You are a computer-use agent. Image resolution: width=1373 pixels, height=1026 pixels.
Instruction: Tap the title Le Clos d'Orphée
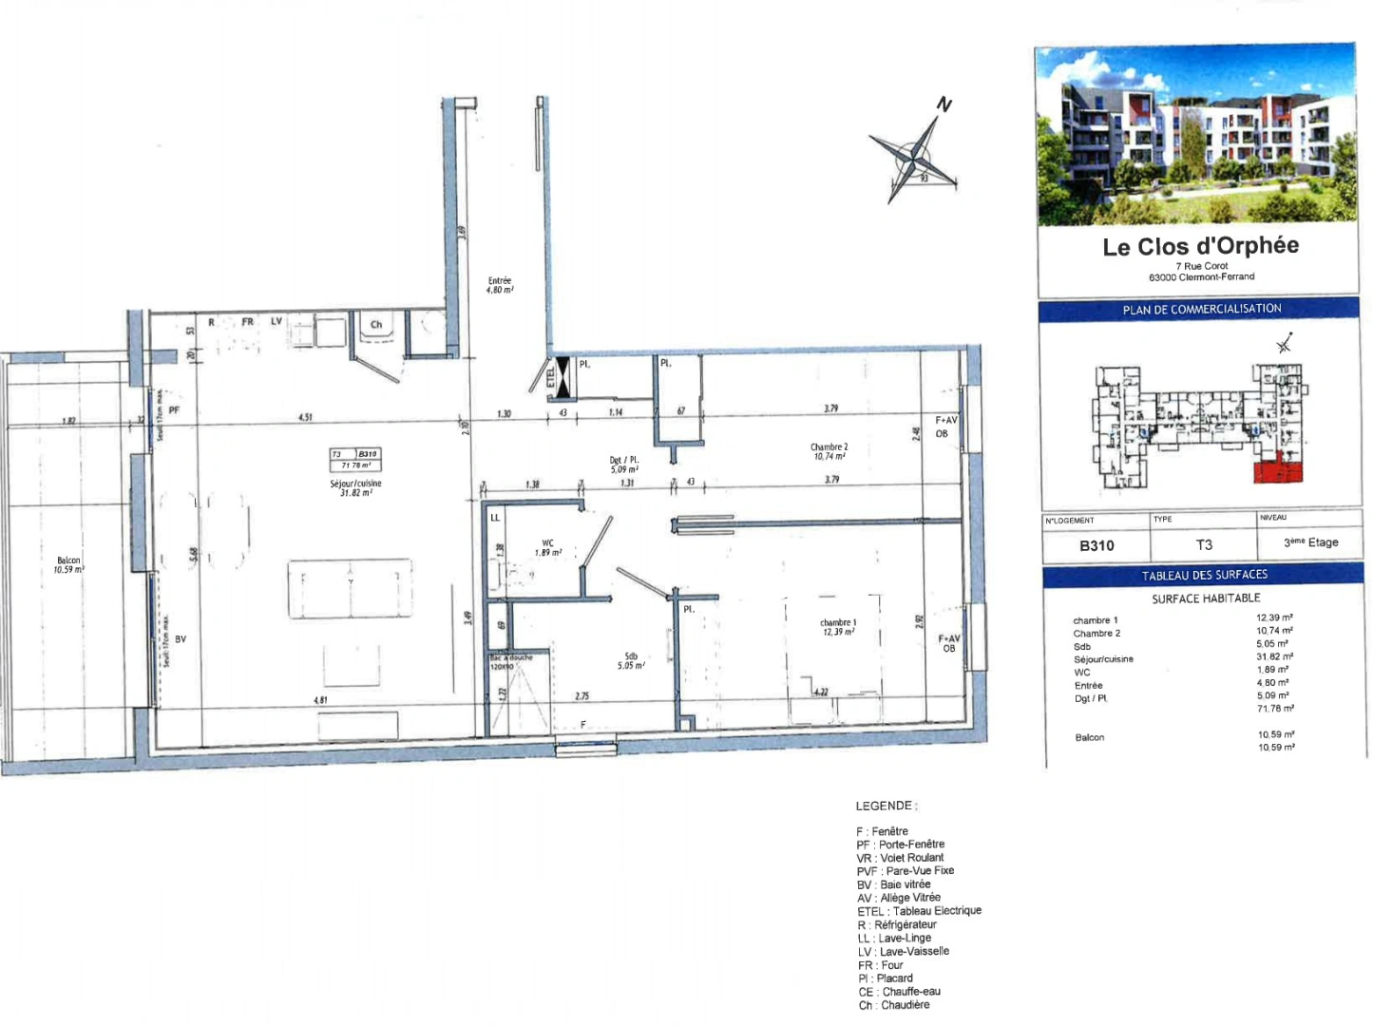[x=1200, y=246]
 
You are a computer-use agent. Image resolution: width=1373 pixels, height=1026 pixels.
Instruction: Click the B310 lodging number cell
[x=1096, y=545]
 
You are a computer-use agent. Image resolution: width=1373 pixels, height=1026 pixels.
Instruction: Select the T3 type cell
[x=1204, y=544]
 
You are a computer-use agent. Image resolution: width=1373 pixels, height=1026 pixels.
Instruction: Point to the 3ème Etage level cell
[x=1310, y=542]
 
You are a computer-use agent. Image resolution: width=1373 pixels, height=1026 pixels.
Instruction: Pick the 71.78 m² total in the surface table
[x=1274, y=709]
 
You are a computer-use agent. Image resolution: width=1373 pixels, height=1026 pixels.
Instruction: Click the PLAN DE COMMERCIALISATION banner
[x=1201, y=309]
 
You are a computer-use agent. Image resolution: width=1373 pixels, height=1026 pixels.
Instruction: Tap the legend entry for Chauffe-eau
[x=899, y=991]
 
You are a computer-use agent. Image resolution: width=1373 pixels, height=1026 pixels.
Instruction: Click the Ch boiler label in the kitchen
[x=376, y=325]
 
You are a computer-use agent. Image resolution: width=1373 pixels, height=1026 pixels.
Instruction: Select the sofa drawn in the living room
[x=351, y=589]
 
